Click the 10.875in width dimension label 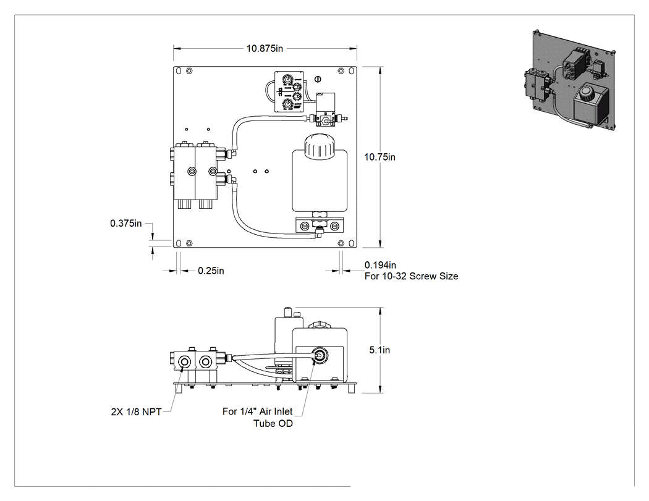pyautogui.click(x=265, y=48)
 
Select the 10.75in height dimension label pyautogui.click(x=380, y=157)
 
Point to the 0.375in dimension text pyautogui.click(x=126, y=224)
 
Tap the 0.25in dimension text pyautogui.click(x=211, y=271)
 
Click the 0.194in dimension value pyautogui.click(x=380, y=265)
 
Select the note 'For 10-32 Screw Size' pyautogui.click(x=412, y=276)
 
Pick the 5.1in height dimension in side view pyautogui.click(x=380, y=350)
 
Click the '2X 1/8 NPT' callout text pyautogui.click(x=136, y=411)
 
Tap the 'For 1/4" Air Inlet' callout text pyautogui.click(x=258, y=411)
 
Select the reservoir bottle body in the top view pyautogui.click(x=318, y=181)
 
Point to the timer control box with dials pyautogui.click(x=289, y=91)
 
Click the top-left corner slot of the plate pyautogui.click(x=179, y=71)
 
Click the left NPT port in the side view pyautogui.click(x=184, y=363)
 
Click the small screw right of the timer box pyautogui.click(x=318, y=78)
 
